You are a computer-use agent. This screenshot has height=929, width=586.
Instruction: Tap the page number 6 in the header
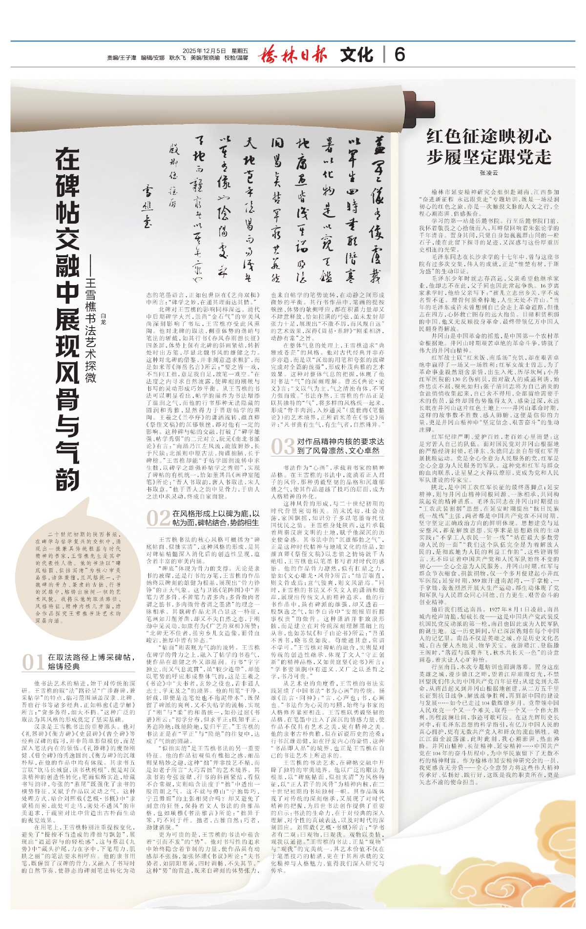(399, 54)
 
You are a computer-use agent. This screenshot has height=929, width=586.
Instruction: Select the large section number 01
(33, 662)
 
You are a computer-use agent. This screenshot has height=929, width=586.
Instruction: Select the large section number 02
(158, 517)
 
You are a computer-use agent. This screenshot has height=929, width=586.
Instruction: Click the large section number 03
(283, 446)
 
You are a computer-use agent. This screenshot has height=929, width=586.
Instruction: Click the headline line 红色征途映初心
(489, 136)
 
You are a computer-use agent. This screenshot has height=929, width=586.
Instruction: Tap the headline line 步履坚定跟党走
(489, 157)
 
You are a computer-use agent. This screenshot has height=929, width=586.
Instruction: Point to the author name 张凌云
(488, 173)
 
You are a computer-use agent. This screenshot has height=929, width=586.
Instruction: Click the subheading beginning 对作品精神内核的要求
(340, 446)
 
